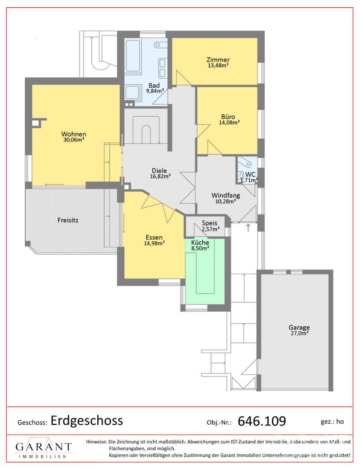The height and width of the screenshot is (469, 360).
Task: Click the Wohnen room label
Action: (x=73, y=134)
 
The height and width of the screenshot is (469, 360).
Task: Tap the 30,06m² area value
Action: (x=73, y=139)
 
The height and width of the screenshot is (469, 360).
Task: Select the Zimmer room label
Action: (x=218, y=60)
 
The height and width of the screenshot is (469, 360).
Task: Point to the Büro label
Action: (x=228, y=117)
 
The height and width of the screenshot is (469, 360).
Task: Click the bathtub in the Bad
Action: (x=132, y=56)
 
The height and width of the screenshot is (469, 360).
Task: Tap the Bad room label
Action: (x=154, y=86)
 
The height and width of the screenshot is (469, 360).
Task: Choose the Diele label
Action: (x=159, y=171)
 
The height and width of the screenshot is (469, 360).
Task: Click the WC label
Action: (x=250, y=175)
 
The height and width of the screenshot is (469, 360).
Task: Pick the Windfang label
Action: (x=226, y=195)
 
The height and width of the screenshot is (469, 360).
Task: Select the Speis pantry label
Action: (x=210, y=223)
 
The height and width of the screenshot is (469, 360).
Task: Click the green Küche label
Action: (x=200, y=243)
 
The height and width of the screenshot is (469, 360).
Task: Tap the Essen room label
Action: (x=154, y=238)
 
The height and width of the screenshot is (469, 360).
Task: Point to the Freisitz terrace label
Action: (x=68, y=221)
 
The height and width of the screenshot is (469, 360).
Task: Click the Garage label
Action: (x=299, y=327)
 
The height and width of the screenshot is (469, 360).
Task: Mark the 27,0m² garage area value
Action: (x=300, y=333)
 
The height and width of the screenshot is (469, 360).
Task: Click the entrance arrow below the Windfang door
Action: (x=248, y=228)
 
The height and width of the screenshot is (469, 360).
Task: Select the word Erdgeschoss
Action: (x=87, y=420)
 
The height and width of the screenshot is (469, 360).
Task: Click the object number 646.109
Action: (x=262, y=421)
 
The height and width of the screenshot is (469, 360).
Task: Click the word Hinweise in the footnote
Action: (x=96, y=442)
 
